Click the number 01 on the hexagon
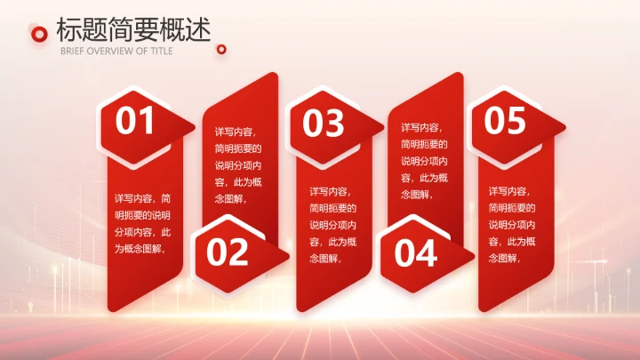(135, 121)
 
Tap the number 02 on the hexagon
(228, 252)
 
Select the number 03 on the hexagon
(323, 124)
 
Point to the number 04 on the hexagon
(416, 254)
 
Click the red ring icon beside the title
(38, 33)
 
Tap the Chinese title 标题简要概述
(133, 29)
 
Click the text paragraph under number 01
(143, 224)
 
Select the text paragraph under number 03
(333, 224)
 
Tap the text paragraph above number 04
(425, 161)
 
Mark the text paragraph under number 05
(513, 224)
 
